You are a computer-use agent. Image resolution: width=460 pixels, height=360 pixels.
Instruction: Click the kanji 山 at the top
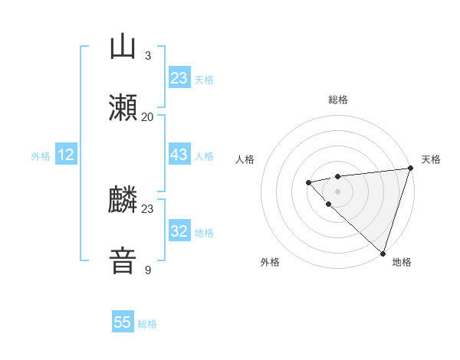[x=123, y=47]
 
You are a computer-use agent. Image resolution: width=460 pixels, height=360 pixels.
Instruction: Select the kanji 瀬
[x=123, y=109]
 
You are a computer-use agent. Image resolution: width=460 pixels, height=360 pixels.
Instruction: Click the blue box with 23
[x=179, y=78]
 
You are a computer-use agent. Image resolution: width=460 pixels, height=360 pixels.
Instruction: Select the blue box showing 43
[x=179, y=155]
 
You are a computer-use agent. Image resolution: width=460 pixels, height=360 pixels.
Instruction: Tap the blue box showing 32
[x=179, y=231]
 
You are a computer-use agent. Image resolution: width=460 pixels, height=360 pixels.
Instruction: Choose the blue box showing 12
[x=66, y=155]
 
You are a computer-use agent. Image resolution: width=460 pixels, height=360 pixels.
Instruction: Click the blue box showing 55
[x=123, y=323]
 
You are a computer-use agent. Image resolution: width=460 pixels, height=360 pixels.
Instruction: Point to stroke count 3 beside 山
[x=148, y=56]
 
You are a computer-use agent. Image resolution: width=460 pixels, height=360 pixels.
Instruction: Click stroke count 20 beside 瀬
[x=148, y=117]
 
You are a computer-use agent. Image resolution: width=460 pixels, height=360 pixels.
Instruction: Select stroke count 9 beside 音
[x=148, y=270]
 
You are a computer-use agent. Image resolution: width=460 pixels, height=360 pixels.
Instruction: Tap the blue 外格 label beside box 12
[x=41, y=155]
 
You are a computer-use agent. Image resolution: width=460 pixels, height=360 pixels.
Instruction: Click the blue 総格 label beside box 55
[x=147, y=324]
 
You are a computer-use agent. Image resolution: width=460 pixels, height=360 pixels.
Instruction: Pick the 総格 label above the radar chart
[x=338, y=100]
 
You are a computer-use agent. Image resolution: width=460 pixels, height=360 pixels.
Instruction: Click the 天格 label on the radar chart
[x=431, y=159]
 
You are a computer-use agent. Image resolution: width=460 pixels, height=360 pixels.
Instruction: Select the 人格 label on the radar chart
[x=245, y=159]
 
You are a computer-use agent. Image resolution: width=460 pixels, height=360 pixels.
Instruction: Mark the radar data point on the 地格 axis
[x=383, y=253]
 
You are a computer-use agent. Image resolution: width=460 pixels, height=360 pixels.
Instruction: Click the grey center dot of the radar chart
[x=337, y=191]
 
